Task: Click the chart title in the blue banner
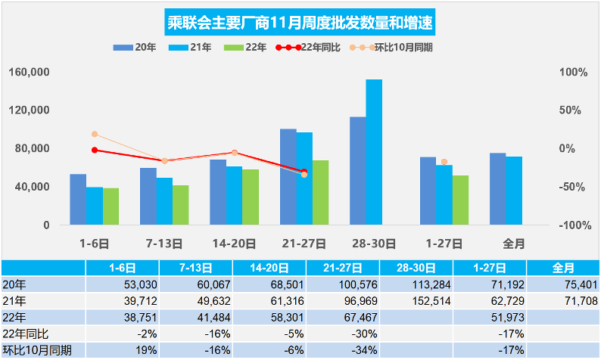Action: pos(300,23)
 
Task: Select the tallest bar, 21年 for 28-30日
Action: pos(374,152)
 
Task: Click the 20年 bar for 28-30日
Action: pos(357,171)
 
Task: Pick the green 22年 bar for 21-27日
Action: pos(320,192)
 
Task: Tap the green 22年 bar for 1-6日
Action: pos(111,206)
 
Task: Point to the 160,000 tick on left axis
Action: pos(31,73)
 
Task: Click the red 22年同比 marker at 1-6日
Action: pos(95,150)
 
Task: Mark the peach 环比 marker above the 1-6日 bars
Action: pos(95,134)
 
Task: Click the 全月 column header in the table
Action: pos(563,267)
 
